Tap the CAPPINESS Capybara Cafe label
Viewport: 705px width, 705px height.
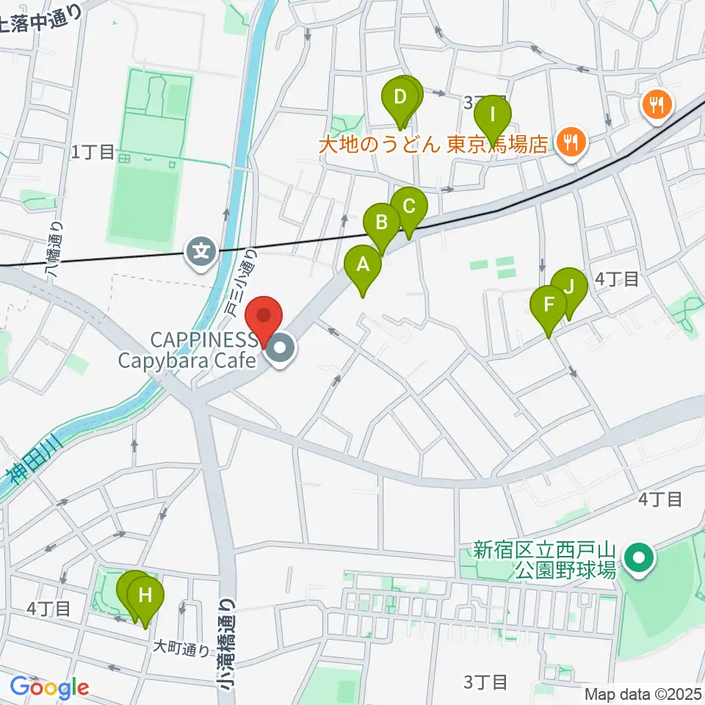click(203, 350)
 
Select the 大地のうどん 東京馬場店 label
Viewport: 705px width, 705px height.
click(434, 142)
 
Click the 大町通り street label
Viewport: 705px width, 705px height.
click(181, 648)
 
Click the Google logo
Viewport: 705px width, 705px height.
click(49, 688)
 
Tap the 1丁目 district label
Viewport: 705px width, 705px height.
click(93, 153)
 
